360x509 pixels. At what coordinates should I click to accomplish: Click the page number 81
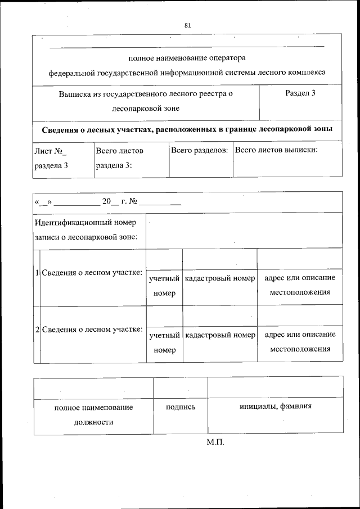click(188, 25)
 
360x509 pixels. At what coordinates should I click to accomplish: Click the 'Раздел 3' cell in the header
click(300, 93)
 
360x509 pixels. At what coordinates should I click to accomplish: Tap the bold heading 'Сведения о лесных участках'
click(187, 129)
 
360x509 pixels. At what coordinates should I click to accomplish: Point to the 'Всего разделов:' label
click(199, 151)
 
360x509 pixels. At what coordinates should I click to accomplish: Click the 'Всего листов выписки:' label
click(276, 150)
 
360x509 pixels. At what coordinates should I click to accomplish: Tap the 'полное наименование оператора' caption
click(187, 58)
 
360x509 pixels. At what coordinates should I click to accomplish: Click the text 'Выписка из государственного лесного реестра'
click(146, 94)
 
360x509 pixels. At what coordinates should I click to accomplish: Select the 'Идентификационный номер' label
click(85, 223)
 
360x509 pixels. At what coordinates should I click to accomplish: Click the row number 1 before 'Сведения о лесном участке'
click(37, 273)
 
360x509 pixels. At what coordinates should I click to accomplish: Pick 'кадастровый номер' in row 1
click(219, 278)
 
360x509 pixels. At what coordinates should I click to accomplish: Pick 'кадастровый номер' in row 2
click(219, 335)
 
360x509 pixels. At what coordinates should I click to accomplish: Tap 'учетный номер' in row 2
click(164, 343)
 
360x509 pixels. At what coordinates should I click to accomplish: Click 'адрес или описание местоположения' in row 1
click(299, 285)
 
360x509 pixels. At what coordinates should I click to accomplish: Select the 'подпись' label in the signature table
click(181, 407)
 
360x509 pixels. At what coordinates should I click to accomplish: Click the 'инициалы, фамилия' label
click(275, 407)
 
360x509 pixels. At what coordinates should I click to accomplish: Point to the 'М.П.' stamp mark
click(215, 443)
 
